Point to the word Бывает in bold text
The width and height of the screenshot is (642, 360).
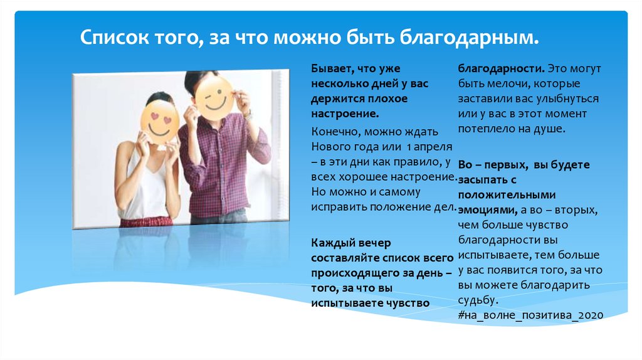pyautogui.click(x=331, y=68)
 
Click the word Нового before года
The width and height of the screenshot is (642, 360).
pyautogui.click(x=330, y=147)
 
